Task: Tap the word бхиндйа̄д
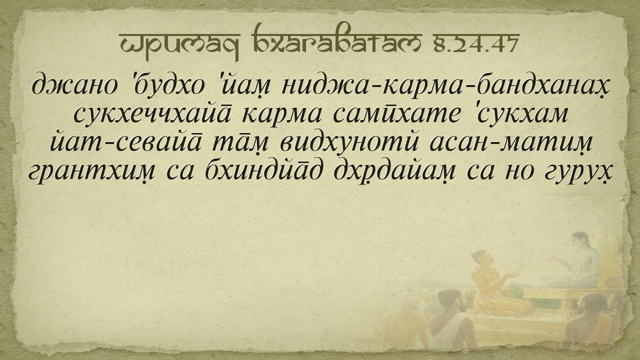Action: (x=264, y=171)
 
